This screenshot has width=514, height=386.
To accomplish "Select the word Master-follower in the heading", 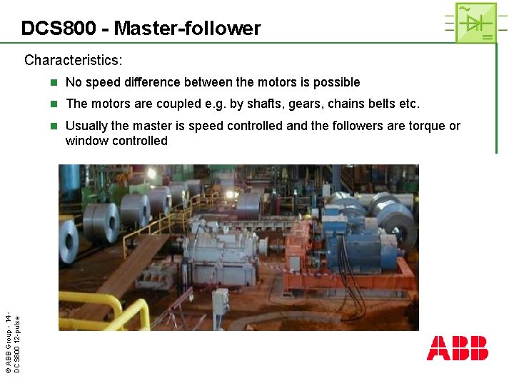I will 187,29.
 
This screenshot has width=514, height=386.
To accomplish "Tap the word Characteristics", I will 73,60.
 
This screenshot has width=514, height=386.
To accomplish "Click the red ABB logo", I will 458,348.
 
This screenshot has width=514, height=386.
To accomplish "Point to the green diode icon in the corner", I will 475,22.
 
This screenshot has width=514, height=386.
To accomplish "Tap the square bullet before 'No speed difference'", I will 52,83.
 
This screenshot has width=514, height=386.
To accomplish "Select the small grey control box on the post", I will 220,305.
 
